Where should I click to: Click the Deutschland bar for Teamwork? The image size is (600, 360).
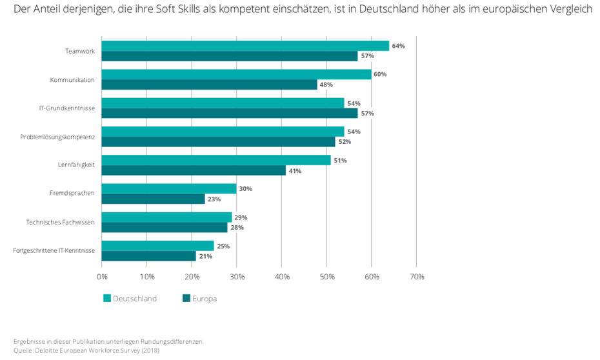pos(245,46)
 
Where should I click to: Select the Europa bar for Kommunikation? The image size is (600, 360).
pos(210,85)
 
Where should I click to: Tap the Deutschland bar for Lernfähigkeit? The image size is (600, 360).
pos(216,160)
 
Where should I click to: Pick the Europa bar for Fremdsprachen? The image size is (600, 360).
pos(154,199)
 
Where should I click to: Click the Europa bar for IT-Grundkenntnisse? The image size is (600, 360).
pos(230,114)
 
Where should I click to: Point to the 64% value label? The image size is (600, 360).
pos(398,46)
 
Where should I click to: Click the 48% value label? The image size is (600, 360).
pos(326,85)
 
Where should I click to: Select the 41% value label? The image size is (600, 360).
pos(295,170)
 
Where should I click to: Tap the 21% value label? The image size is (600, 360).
pos(205,256)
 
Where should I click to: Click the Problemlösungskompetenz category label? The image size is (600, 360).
pos(57,137)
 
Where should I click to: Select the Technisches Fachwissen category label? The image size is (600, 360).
pos(60,222)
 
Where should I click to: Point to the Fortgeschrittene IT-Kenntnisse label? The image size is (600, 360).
pos(54,250)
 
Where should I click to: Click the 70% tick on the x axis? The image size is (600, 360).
pos(416,277)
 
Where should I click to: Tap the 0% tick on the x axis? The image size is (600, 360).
pos(102,277)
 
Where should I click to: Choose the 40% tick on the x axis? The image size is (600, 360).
pos(281,277)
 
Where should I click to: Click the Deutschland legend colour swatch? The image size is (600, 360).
pos(107,299)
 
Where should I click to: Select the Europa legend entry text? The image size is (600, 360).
pos(205,299)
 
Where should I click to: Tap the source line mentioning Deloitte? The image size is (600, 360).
pos(86,351)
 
